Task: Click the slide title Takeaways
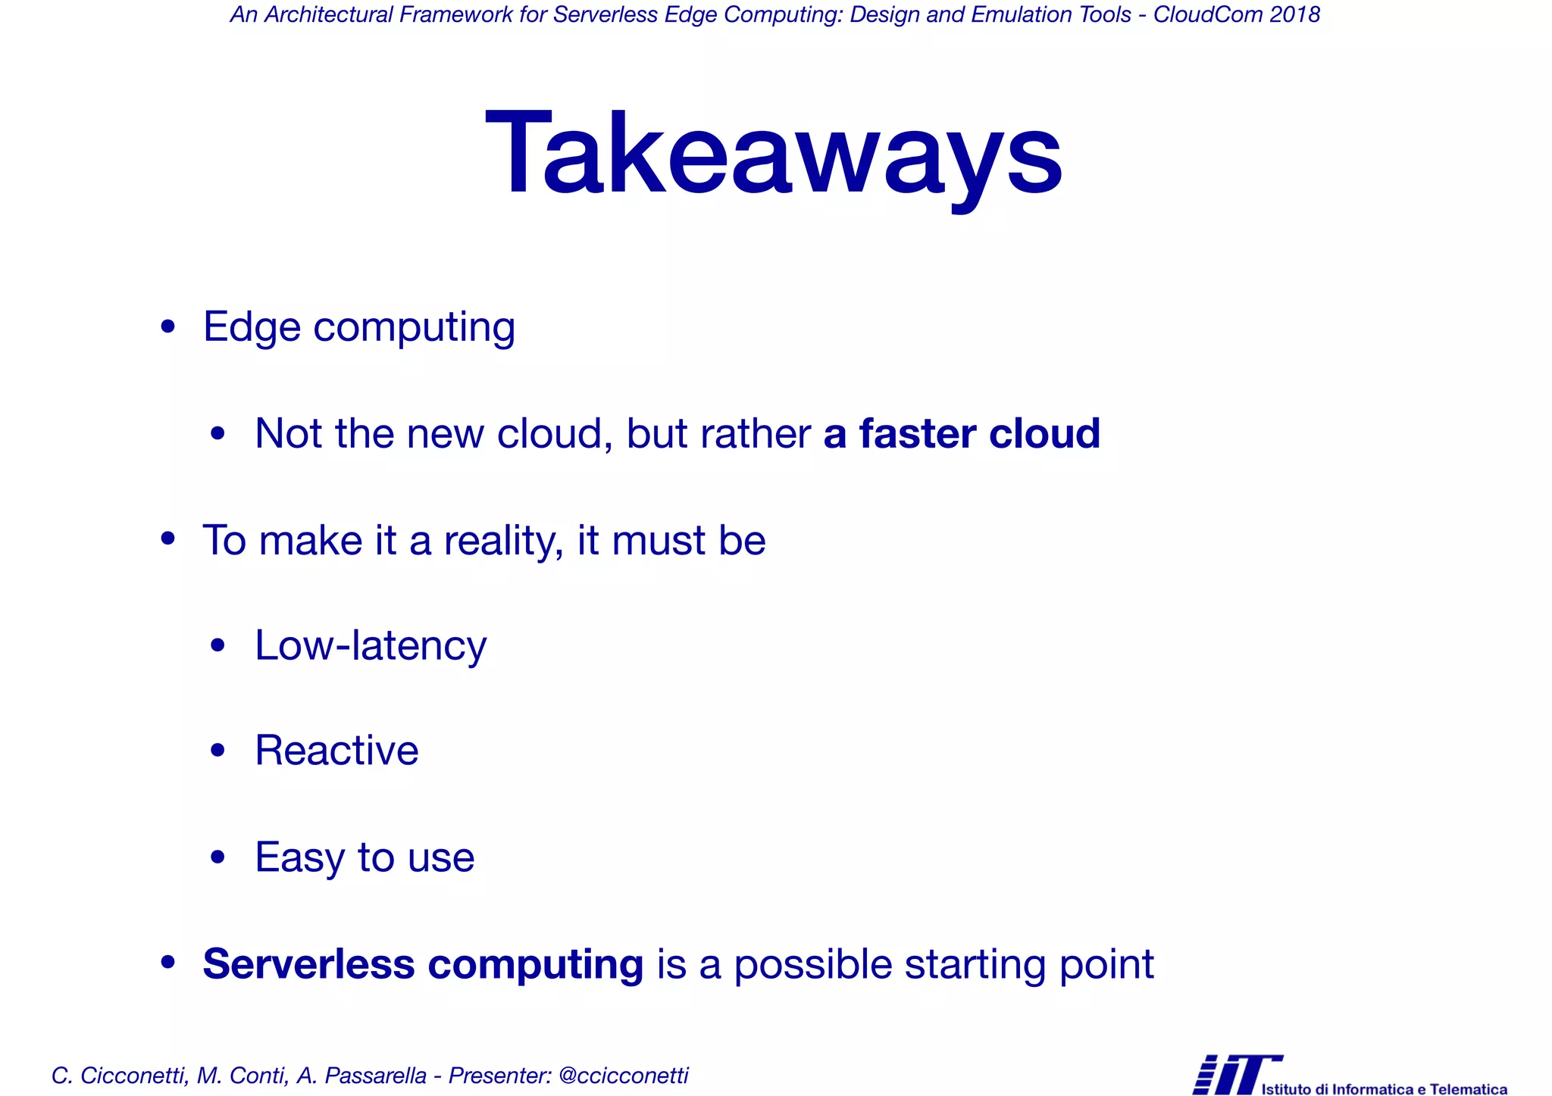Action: (x=774, y=155)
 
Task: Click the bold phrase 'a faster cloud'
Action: (x=961, y=434)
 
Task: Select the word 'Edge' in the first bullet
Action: (x=252, y=328)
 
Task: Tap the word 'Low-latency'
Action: (x=371, y=646)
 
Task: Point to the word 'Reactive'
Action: (x=336, y=751)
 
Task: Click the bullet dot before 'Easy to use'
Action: (x=218, y=857)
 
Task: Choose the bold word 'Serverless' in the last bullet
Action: (x=308, y=964)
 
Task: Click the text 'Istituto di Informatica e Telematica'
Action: (x=1384, y=1089)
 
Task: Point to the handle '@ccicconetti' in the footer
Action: (x=623, y=1076)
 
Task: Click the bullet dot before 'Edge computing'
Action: (x=168, y=327)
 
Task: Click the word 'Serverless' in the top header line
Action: (x=605, y=14)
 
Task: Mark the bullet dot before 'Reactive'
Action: (x=218, y=751)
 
